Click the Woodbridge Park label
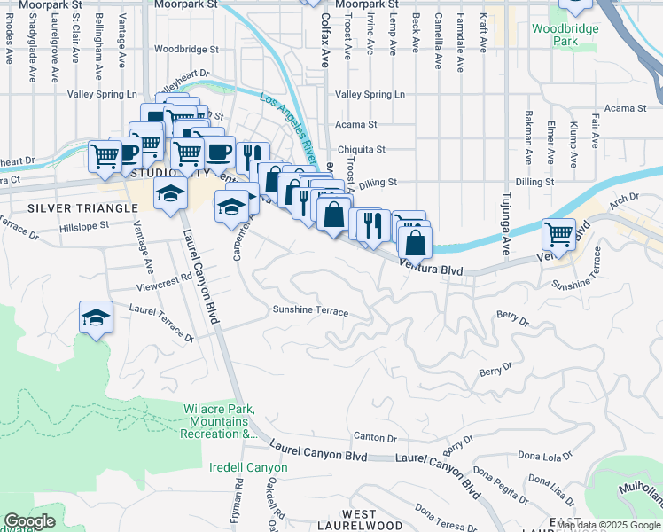(x=565, y=35)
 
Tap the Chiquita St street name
(x=361, y=150)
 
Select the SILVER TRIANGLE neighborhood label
(x=82, y=207)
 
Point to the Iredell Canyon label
(x=248, y=467)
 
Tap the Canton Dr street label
(x=375, y=436)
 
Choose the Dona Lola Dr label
(x=546, y=457)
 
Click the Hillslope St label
(x=83, y=225)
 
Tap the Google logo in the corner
(x=30, y=521)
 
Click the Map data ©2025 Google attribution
(x=608, y=525)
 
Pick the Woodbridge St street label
(x=185, y=50)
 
